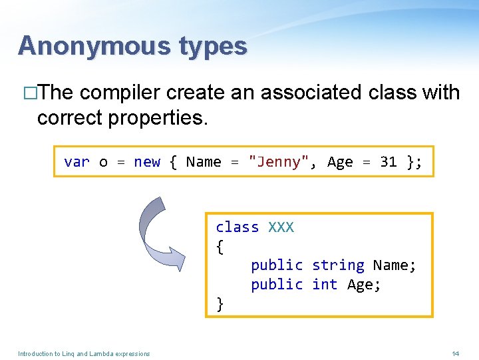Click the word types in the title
pyautogui.click(x=212, y=46)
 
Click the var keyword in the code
pyautogui.click(x=77, y=162)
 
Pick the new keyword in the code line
pyautogui.click(x=147, y=162)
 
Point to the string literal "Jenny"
pyautogui.click(x=278, y=162)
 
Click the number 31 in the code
pyautogui.click(x=388, y=162)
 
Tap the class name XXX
pyautogui.click(x=281, y=227)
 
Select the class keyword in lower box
pyautogui.click(x=238, y=227)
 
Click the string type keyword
pyautogui.click(x=338, y=265)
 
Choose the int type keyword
pyautogui.click(x=325, y=285)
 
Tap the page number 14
pyautogui.click(x=455, y=353)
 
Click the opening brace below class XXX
pyautogui.click(x=220, y=247)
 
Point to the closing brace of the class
pyautogui.click(x=220, y=305)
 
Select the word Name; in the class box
pyautogui.click(x=395, y=265)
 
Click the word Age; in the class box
pyautogui.click(x=364, y=285)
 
